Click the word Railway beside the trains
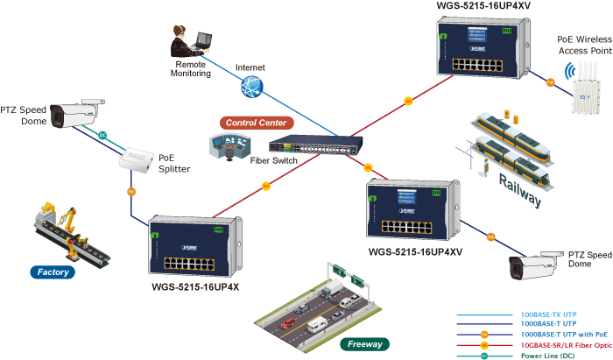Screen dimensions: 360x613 (x=520, y=188)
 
